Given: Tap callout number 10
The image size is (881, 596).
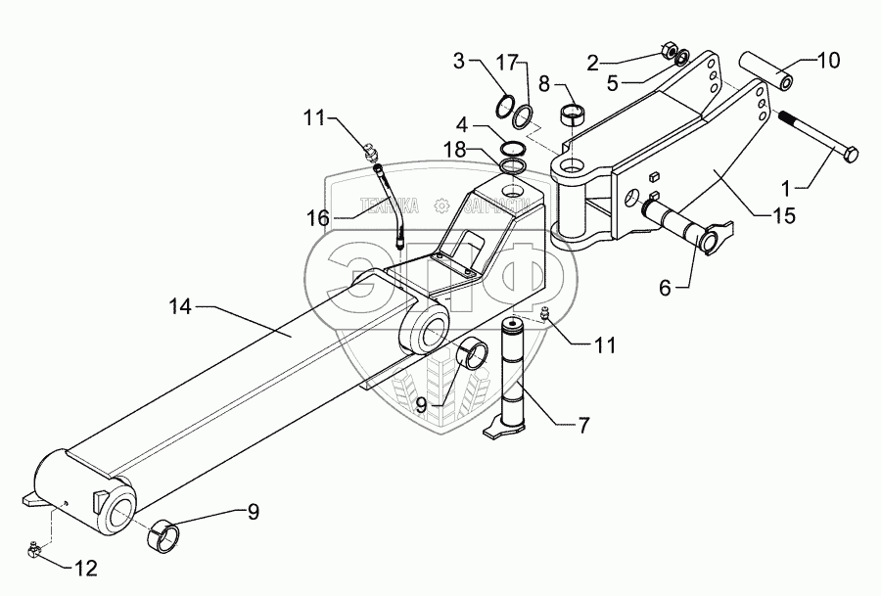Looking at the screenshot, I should pos(827,61).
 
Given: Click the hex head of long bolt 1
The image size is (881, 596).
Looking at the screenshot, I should pos(847,154).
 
